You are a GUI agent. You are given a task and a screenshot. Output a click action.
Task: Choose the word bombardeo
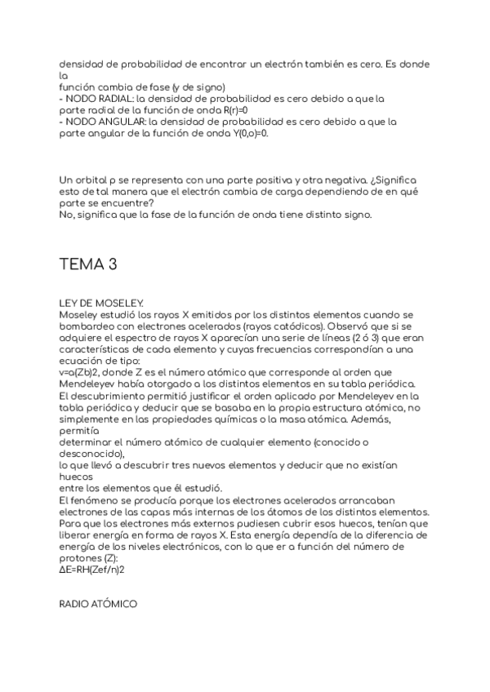[87, 326]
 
